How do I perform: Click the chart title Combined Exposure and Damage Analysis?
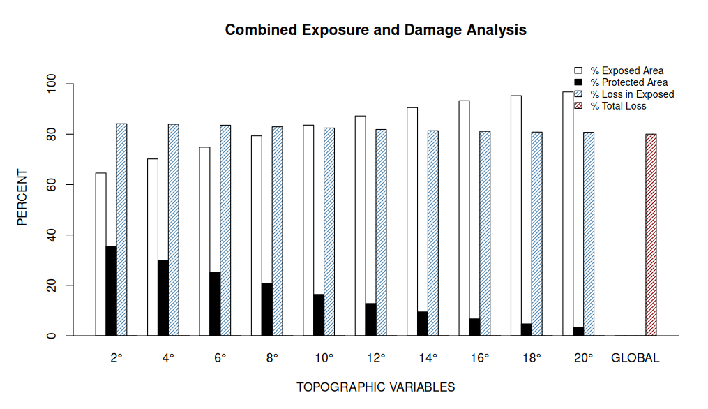[375, 31]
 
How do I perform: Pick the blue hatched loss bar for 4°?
[174, 230]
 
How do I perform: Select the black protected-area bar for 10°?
[319, 315]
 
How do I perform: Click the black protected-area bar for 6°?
[215, 304]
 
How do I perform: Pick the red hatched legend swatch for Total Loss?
[578, 106]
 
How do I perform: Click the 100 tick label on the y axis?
[51, 84]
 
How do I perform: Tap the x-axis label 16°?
[480, 358]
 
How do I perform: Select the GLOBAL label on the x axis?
[635, 358]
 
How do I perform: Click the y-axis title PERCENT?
[22, 197]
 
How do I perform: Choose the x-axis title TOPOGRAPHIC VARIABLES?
[375, 387]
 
